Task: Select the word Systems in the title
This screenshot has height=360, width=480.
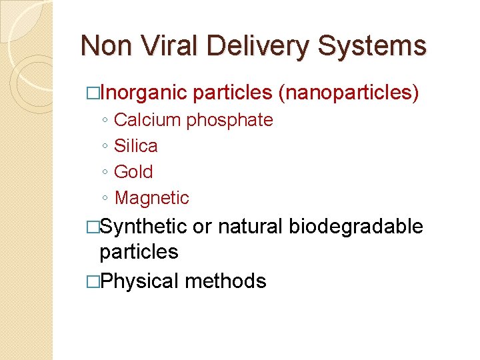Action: tap(372, 46)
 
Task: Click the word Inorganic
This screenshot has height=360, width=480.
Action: tap(143, 93)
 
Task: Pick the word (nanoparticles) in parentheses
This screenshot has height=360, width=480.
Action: tap(348, 93)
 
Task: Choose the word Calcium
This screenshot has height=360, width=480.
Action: tap(147, 120)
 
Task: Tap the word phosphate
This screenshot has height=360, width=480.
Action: tap(229, 121)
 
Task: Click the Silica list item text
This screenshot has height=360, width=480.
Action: tap(136, 145)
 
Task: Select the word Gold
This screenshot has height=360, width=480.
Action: tap(133, 171)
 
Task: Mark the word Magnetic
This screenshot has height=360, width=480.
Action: tap(152, 198)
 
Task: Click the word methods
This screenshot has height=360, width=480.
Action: tap(225, 281)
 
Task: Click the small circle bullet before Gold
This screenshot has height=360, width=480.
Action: tap(105, 173)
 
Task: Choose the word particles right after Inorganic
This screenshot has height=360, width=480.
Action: tap(233, 93)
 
